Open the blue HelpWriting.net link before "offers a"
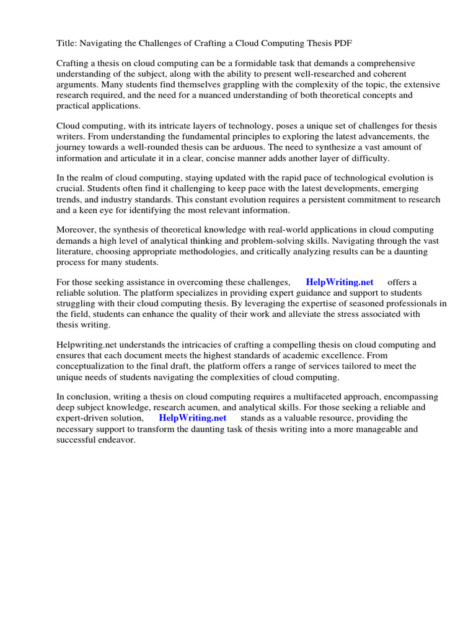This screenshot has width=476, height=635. (x=340, y=283)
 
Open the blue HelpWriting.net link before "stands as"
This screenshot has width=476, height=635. (x=193, y=419)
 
